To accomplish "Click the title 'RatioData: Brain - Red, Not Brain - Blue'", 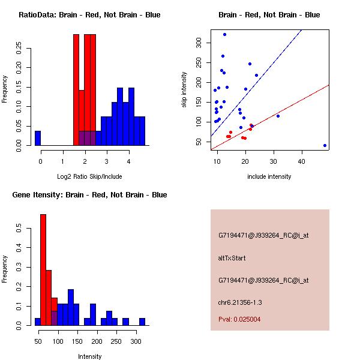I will coord(89,15).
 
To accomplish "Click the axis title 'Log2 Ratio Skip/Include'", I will coord(89,176).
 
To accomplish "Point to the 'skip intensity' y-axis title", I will coord(184,90).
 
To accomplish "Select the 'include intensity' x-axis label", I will coord(269,176).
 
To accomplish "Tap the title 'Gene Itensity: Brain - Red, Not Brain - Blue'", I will coord(90,195).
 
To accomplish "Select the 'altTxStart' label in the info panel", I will coord(232,258).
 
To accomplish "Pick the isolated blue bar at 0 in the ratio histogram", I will coord(38,138).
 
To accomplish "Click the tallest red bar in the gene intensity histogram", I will coord(43,270).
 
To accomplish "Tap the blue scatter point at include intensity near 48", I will coord(325,145).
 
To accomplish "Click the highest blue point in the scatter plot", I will coord(224,34).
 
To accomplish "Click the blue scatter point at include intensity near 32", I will coord(278,116).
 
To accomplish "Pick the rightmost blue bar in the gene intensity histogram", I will coord(142,322).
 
